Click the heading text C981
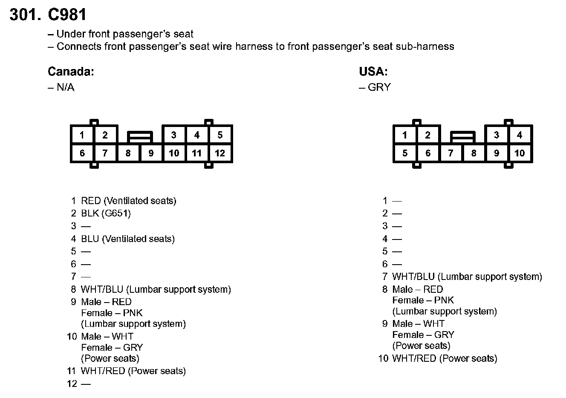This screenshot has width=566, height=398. click(67, 15)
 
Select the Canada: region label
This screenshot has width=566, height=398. click(71, 72)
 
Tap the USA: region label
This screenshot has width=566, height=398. click(373, 72)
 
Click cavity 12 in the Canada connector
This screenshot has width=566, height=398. click(220, 153)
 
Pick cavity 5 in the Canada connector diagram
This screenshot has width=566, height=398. click(220, 135)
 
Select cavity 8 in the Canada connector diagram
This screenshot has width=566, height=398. click(128, 153)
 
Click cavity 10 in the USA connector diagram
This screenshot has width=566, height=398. click(520, 153)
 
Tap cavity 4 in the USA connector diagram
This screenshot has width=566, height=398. click(520, 135)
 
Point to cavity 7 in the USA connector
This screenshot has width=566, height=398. click(450, 153)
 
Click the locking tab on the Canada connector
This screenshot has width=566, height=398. click(139, 137)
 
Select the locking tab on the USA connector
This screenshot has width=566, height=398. click(462, 137)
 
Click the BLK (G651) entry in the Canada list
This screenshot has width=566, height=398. click(106, 213)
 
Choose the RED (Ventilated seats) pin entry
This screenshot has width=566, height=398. click(128, 201)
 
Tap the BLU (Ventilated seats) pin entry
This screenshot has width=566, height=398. click(128, 239)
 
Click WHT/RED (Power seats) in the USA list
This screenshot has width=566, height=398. click(445, 358)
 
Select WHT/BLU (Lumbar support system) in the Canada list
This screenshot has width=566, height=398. click(156, 290)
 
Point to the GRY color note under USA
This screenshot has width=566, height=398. click(379, 87)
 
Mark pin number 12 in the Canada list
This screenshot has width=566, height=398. click(72, 384)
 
